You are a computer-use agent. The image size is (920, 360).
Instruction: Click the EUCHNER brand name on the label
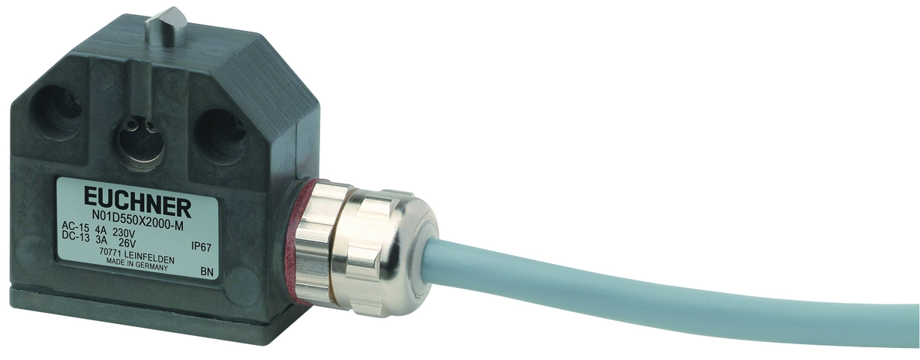pyautogui.click(x=138, y=204)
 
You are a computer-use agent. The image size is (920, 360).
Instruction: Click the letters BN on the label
pyautogui.click(x=208, y=272)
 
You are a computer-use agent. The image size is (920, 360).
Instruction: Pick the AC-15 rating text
pyautogui.click(x=74, y=226)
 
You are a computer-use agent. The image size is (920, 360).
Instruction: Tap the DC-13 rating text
pyautogui.click(x=74, y=236)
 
